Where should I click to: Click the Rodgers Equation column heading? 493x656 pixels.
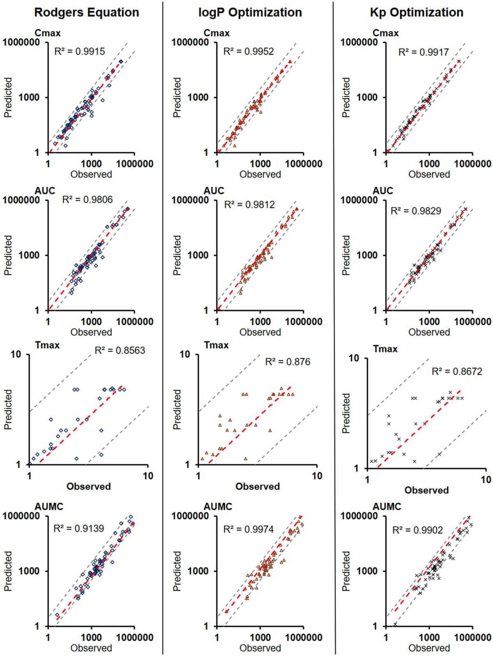(x=86, y=12)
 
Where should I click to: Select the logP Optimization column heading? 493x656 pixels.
(x=250, y=12)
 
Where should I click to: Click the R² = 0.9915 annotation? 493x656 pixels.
(x=80, y=51)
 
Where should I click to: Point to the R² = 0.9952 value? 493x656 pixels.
(x=249, y=51)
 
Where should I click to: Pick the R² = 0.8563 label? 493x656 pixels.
(x=120, y=350)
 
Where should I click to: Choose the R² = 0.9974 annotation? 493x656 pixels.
(x=249, y=529)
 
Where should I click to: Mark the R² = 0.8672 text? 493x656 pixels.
(x=457, y=371)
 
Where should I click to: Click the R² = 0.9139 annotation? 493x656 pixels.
(x=79, y=528)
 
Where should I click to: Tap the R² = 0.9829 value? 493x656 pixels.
(x=416, y=211)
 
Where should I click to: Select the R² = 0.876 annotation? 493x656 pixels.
(x=288, y=362)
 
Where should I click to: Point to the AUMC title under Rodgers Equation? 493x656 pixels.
(x=49, y=507)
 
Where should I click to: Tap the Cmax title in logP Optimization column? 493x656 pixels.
(x=217, y=33)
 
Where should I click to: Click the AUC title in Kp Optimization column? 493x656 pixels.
(x=382, y=191)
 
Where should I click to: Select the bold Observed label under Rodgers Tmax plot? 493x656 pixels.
(x=88, y=486)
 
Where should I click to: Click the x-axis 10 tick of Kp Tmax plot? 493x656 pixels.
(x=486, y=480)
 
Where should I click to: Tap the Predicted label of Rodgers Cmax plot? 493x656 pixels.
(x=8, y=97)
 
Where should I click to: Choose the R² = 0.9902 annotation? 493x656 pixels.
(x=417, y=530)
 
